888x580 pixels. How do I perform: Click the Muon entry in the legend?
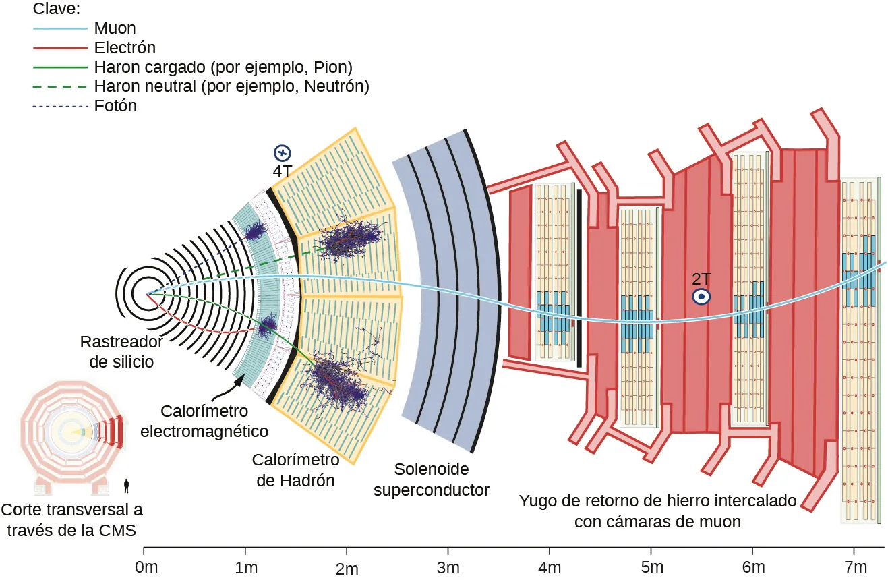point(115,28)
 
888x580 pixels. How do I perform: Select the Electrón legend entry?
point(125,48)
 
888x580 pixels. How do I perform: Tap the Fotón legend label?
point(115,106)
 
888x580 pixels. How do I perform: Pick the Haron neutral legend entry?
point(231,86)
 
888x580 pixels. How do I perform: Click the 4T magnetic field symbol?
point(282,153)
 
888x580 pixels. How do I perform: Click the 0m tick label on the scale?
point(146,567)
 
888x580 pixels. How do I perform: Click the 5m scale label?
point(651,567)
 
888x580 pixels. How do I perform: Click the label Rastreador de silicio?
point(121,351)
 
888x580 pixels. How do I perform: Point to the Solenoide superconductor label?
point(432,480)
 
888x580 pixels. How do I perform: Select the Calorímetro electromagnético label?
point(204,421)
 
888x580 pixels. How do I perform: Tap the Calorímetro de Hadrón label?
point(295,470)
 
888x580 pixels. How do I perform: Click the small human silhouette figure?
point(126,485)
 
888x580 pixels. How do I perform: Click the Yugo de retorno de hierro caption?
point(657,511)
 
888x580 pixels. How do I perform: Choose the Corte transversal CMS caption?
point(72,520)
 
